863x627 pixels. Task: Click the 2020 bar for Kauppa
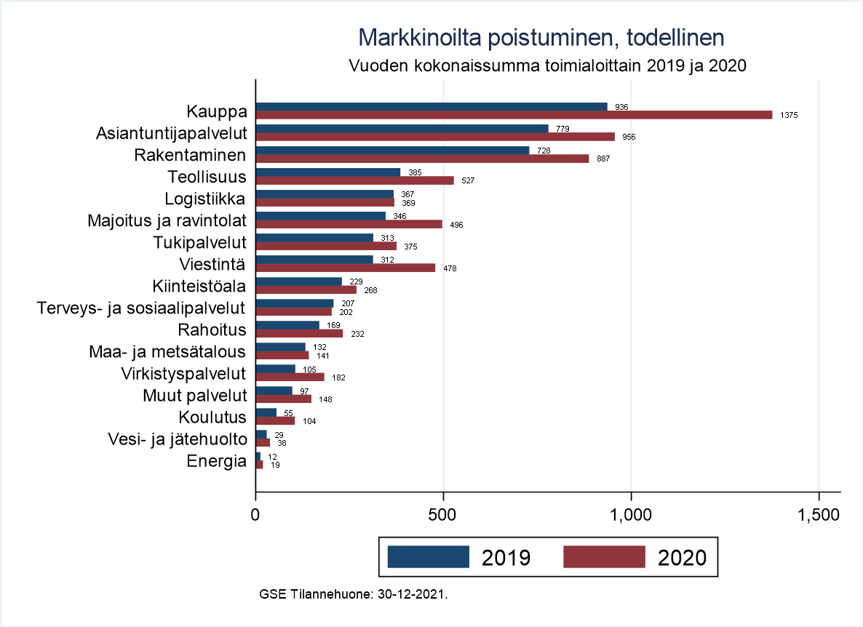[514, 115]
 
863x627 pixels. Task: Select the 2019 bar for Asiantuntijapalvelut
[402, 129]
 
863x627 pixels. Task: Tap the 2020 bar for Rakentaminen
[422, 159]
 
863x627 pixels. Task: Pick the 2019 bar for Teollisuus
[328, 172]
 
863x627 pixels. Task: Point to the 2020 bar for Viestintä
[346, 268]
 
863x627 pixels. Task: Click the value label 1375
[789, 115]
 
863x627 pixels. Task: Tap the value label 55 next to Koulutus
[288, 412]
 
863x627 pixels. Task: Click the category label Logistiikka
[206, 199]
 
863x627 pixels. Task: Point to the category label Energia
[217, 461]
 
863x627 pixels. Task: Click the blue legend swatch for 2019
[428, 557]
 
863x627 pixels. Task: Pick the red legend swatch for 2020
[604, 557]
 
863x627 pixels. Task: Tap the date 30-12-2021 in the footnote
[411, 594]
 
